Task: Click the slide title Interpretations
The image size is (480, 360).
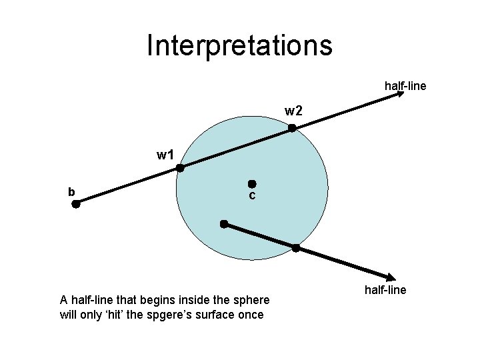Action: (x=239, y=45)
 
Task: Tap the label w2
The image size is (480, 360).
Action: (x=294, y=110)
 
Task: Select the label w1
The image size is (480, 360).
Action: (x=165, y=155)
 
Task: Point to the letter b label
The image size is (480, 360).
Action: (x=71, y=192)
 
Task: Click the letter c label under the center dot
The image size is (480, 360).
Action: (x=252, y=195)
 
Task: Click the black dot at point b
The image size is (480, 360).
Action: (x=76, y=205)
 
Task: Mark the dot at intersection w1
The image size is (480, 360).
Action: (x=180, y=169)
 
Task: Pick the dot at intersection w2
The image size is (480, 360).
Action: (x=292, y=128)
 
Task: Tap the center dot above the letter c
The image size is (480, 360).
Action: (x=252, y=183)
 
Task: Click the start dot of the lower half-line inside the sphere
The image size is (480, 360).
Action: (x=224, y=224)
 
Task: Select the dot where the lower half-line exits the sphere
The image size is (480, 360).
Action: (x=297, y=249)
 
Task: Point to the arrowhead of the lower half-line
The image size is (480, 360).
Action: (x=392, y=278)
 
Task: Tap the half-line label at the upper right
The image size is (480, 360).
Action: (x=405, y=86)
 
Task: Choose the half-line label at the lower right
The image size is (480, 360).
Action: (x=385, y=290)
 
